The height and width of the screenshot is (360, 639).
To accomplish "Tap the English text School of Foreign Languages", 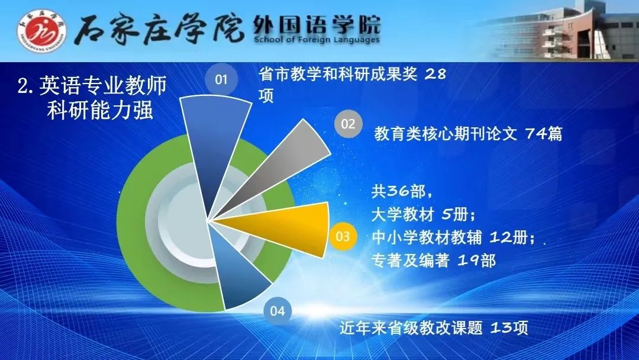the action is click(317, 40).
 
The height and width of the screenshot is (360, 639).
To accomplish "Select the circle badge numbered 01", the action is click(221, 79).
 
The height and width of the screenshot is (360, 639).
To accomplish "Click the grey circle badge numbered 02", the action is click(348, 124).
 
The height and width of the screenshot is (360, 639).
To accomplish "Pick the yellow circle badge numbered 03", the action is click(343, 236).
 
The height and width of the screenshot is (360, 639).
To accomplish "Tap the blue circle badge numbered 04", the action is click(277, 311).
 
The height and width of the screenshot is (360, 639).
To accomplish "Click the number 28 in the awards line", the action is click(435, 74).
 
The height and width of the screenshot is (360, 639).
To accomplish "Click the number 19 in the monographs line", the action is click(469, 260).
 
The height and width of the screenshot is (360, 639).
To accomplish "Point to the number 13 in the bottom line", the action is click(501, 327).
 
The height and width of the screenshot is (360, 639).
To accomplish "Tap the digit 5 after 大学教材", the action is click(447, 214).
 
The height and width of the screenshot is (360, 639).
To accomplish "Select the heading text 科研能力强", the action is click(100, 110).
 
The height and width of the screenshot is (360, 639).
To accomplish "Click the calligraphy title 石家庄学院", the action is click(159, 30).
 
